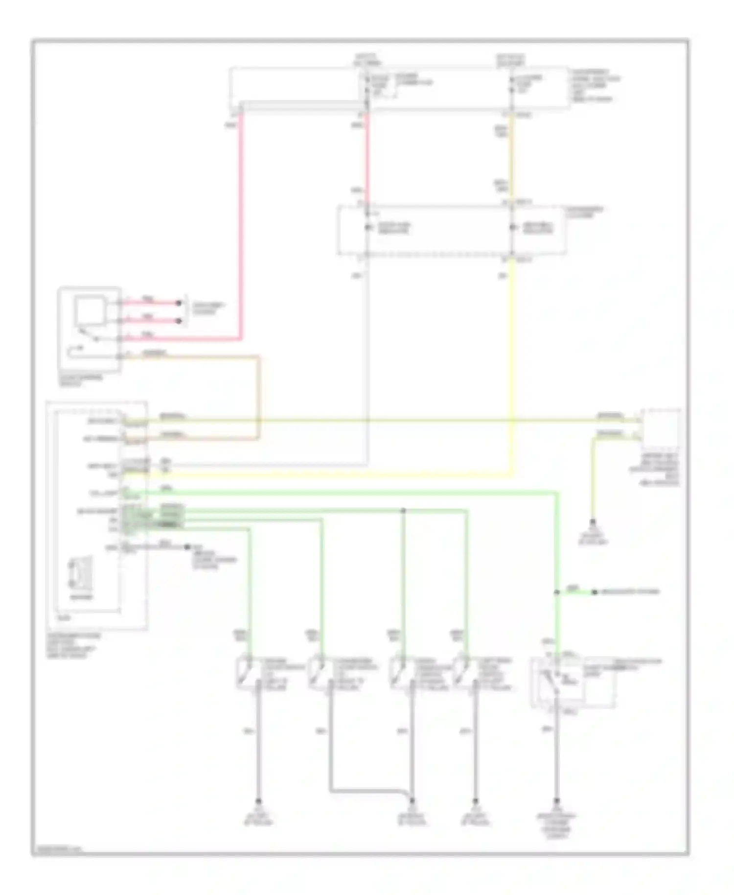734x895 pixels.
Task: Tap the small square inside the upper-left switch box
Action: click(x=89, y=311)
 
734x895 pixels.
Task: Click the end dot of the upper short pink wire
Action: click(x=179, y=303)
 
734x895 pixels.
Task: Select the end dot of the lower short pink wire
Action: click(x=179, y=321)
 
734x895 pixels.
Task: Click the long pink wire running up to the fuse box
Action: click(x=241, y=220)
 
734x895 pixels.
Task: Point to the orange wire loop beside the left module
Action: click(x=258, y=397)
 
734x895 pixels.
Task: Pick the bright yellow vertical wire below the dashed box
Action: click(x=512, y=367)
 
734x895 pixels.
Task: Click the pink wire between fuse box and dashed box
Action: click(x=367, y=157)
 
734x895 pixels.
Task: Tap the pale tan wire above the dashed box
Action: click(x=512, y=157)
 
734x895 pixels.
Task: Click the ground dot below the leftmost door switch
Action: click(x=259, y=801)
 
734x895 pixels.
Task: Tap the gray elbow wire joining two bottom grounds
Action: click(x=367, y=790)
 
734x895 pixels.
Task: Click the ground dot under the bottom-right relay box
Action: click(x=556, y=801)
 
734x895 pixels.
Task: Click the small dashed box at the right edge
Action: click(x=661, y=428)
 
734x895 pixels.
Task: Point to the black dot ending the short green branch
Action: click(x=595, y=592)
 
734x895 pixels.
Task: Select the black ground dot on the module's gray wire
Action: click(x=187, y=546)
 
